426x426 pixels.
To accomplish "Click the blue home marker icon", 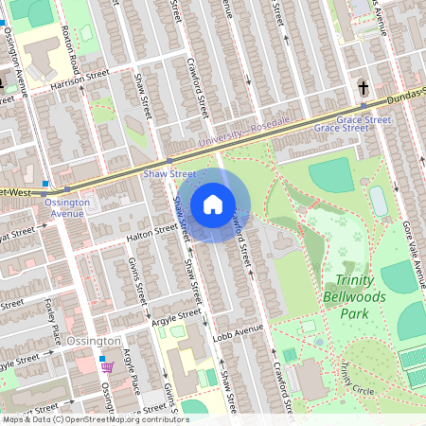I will [x=213, y=204].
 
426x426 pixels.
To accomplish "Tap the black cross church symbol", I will [x=363, y=88].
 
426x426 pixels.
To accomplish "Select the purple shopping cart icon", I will [x=108, y=366].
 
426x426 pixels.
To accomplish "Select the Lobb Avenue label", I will [x=237, y=331].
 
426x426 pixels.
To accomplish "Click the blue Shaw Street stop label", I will [x=170, y=174].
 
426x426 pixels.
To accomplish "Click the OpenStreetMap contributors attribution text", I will [x=95, y=418].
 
